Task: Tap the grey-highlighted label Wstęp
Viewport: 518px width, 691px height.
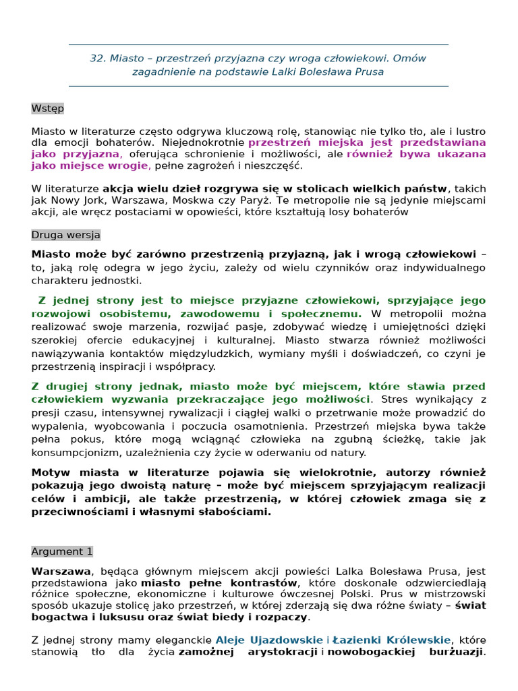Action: [x=47, y=108]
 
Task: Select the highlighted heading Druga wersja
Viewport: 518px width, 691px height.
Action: [x=65, y=235]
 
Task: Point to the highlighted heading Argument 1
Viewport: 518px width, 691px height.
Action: [x=62, y=551]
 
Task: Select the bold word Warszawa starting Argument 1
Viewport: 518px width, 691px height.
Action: [x=61, y=571]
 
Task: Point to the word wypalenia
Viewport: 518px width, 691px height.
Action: [x=55, y=426]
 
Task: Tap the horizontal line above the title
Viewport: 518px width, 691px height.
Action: [x=258, y=45]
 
